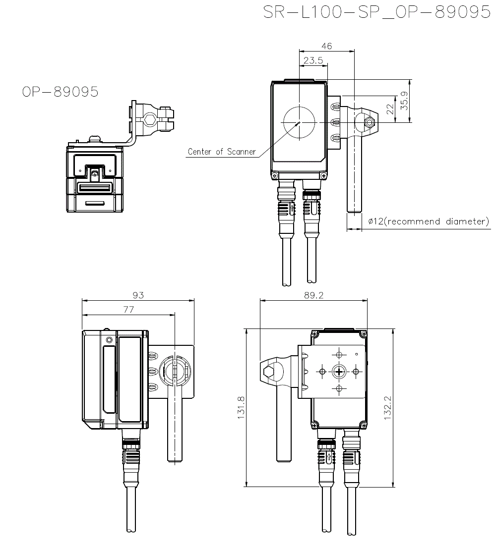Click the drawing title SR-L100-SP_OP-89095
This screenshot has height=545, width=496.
377,12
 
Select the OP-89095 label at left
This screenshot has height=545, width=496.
60,92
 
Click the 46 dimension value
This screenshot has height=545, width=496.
326,46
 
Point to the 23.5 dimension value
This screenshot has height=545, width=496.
313,60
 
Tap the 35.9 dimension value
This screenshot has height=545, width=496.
404,101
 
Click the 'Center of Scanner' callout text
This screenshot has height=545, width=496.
222,152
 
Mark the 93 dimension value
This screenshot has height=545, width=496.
138,295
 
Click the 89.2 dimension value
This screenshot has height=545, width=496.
313,295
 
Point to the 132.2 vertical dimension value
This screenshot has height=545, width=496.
387,408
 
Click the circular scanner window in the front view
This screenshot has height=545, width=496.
299,122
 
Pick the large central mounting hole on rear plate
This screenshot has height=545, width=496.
339,372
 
